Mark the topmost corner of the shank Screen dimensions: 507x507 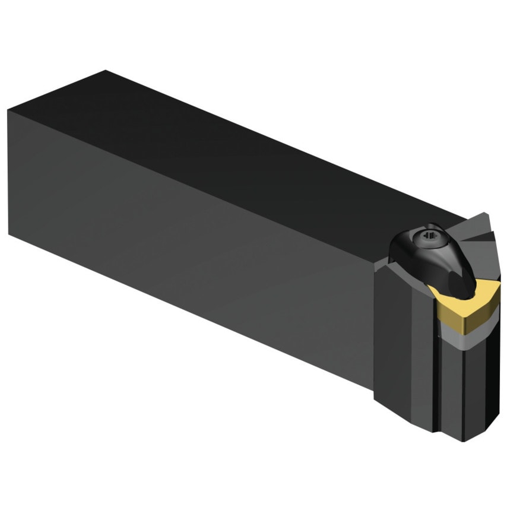pyautogui.click(x=105, y=71)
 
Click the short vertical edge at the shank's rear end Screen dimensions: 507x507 pyautogui.click(x=8, y=172)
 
